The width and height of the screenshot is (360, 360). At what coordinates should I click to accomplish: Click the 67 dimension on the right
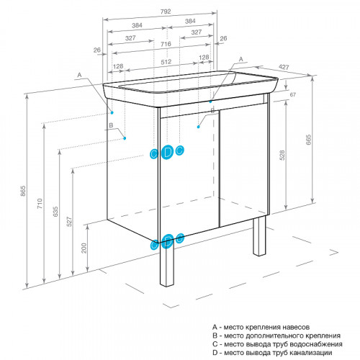point(292,95)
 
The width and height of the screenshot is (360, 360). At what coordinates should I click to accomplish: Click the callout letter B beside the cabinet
point(111,125)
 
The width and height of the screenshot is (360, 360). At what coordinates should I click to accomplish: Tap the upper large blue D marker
point(167,151)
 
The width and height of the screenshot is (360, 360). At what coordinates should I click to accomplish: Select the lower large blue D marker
point(167,241)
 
